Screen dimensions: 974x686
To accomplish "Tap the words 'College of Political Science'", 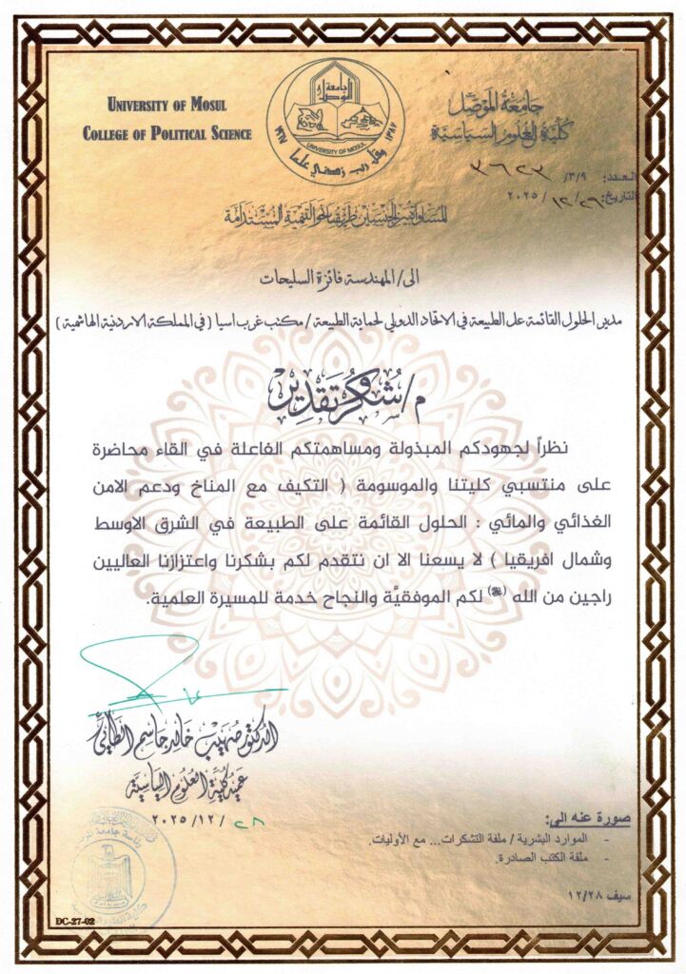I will pos(167,134).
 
